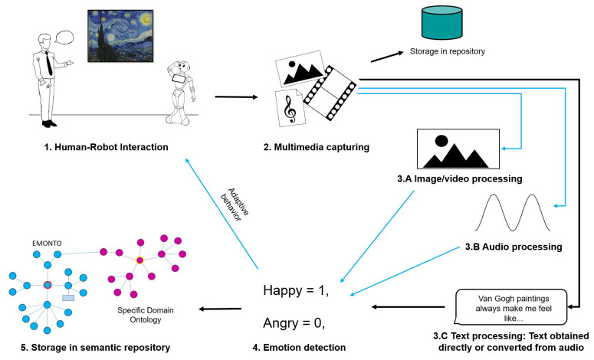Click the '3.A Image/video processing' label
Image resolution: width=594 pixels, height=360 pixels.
(x=460, y=178)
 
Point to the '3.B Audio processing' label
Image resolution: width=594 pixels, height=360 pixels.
(x=514, y=247)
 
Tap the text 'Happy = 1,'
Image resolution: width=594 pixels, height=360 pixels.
(x=294, y=290)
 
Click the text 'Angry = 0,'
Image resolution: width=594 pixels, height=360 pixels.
(x=294, y=323)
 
